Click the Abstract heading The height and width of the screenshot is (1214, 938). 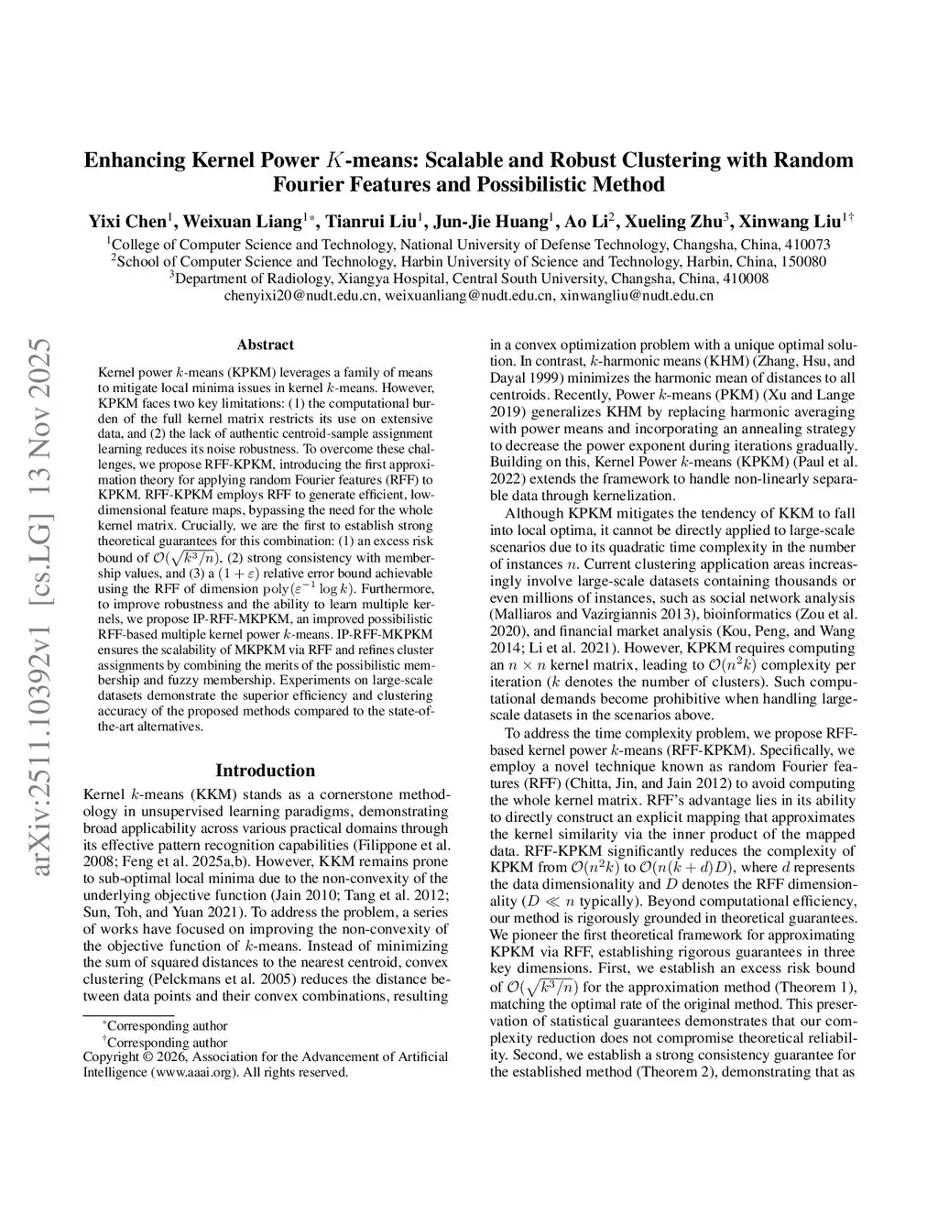(x=265, y=345)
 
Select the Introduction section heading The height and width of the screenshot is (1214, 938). (x=265, y=771)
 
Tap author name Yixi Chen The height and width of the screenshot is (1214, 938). (x=126, y=222)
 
